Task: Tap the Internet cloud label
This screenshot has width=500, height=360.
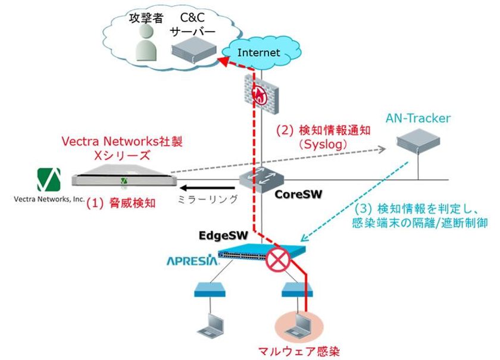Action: [x=258, y=52]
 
